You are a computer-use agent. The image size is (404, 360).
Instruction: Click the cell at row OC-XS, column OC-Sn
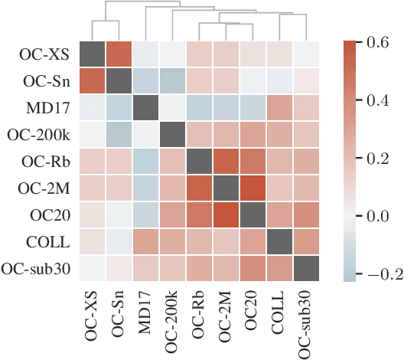120,54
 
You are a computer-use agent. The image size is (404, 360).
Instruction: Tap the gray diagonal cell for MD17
147,108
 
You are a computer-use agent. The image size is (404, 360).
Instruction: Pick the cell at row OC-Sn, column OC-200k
174,81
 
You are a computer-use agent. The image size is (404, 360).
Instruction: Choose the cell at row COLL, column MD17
147,241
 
